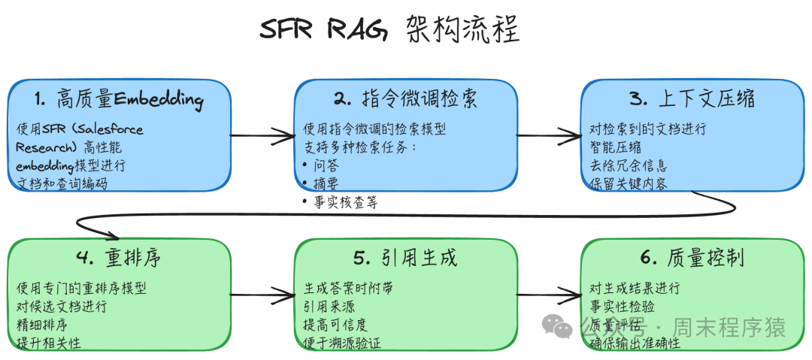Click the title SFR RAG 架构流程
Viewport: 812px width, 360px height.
389,32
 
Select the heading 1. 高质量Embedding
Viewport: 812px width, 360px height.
120,98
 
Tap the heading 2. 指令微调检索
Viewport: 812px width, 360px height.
405,98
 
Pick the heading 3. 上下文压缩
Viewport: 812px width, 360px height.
692,98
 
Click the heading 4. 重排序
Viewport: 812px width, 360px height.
118,258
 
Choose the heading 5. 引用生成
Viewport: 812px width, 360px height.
405,258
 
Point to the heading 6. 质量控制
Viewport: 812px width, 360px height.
692,258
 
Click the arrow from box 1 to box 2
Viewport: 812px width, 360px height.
262,136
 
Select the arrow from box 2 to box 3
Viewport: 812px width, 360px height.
550,136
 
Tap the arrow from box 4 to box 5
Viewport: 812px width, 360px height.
262,295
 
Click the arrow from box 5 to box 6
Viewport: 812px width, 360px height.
550,295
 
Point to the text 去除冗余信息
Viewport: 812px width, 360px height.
629,165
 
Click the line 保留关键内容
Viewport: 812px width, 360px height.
629,183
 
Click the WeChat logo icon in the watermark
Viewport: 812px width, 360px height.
557,325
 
